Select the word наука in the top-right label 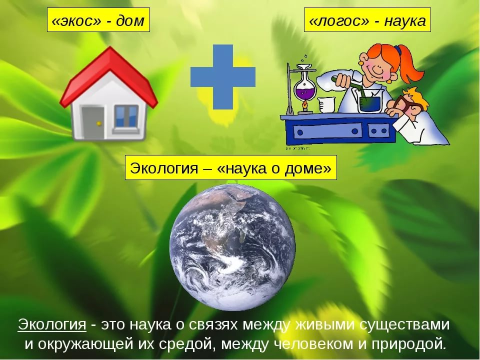click(x=405, y=21)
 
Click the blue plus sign click(x=223, y=77)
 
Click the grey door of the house click(x=92, y=122)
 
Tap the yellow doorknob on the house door click(x=98, y=123)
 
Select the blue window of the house click(x=126, y=116)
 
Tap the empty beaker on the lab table click(x=326, y=105)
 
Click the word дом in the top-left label click(x=130, y=21)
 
